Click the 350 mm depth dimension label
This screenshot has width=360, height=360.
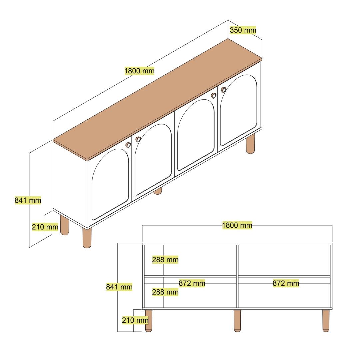243,30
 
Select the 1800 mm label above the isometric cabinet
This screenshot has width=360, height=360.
139,71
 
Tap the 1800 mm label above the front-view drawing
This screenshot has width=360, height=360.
237,225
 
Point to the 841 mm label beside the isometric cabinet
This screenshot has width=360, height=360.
28,200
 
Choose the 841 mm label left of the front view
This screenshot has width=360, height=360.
119,287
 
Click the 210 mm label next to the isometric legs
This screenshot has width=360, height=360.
45,227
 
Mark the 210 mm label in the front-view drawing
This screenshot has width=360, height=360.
135,320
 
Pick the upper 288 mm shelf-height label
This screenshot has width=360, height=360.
165,260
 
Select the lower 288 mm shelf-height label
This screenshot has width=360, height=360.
165,292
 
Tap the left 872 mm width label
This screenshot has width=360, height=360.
192,283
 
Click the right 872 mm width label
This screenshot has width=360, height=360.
286,283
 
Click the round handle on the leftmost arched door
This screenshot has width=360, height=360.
128,145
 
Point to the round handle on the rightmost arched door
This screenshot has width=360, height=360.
224,90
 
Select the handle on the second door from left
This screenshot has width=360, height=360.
138,139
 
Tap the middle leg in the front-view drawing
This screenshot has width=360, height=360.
237,321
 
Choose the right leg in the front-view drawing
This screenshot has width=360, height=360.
326,321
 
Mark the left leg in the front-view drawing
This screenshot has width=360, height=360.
149,321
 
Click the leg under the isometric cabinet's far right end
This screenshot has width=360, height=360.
250,144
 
